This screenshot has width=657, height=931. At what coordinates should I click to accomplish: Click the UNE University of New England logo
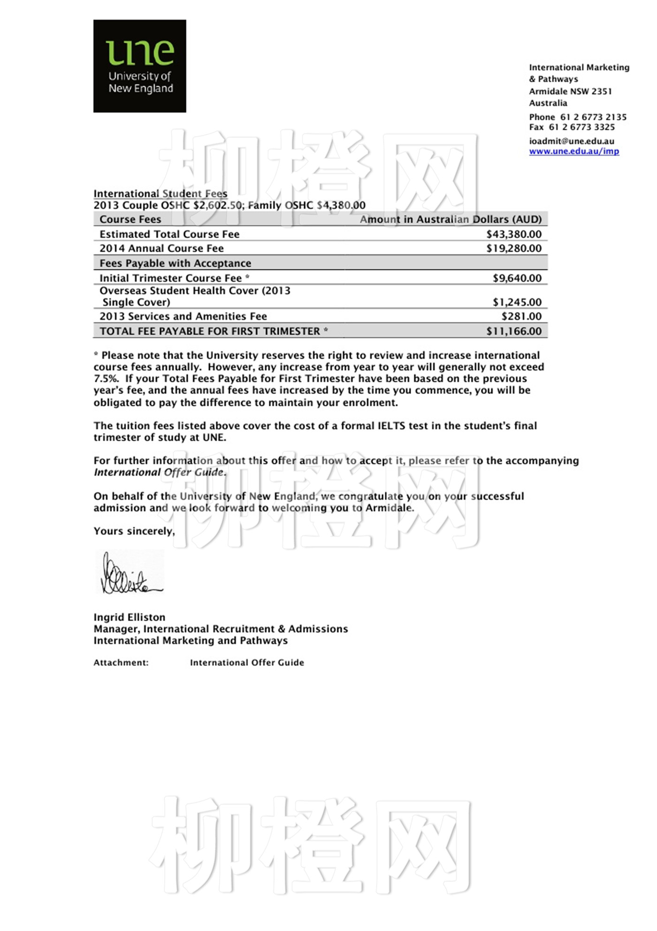click(139, 66)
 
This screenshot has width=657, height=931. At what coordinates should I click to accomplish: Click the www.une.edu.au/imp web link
click(573, 151)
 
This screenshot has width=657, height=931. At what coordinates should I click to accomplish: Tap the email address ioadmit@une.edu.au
click(571, 141)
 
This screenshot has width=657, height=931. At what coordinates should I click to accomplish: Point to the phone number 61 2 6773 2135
click(593, 117)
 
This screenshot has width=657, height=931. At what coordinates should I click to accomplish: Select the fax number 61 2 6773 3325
click(581, 127)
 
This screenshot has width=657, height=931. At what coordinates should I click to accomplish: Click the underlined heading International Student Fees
click(160, 194)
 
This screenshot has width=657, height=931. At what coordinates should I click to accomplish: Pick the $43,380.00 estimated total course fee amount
click(513, 234)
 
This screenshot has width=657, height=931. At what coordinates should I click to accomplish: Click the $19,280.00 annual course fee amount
click(513, 248)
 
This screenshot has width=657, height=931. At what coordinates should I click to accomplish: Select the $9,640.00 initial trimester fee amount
click(517, 278)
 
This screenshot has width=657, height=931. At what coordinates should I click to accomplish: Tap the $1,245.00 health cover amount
click(517, 302)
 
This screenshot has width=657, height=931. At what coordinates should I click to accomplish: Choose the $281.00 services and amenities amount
click(521, 316)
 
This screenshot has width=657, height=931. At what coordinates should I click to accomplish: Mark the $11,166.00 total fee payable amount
click(513, 331)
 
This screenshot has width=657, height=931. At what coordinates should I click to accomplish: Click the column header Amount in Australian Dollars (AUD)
click(450, 219)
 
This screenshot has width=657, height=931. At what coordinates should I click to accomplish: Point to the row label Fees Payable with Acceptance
click(175, 263)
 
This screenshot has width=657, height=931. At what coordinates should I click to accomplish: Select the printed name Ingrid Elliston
click(129, 617)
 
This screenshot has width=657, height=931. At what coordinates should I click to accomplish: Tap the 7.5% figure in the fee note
click(106, 379)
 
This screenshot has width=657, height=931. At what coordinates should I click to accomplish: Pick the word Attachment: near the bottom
click(121, 662)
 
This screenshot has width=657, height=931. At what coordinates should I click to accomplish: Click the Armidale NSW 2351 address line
click(570, 91)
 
